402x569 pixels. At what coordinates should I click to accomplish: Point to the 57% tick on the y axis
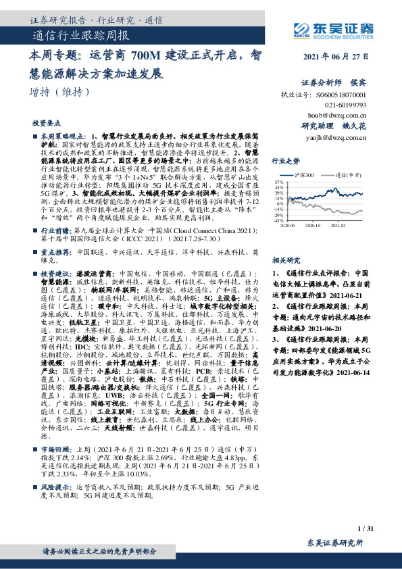point(278,182)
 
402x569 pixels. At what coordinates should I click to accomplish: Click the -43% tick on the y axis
point(278,220)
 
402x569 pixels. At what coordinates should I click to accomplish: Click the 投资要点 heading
point(46,124)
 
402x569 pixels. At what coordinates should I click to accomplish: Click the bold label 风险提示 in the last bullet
point(56,505)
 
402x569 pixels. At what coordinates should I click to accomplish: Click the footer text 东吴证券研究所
point(335,544)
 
